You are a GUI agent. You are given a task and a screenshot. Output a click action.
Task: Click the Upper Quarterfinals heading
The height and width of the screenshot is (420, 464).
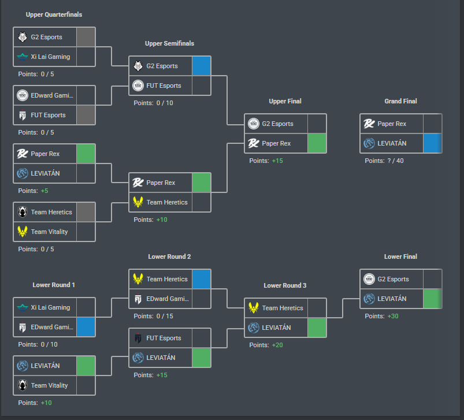coord(54,14)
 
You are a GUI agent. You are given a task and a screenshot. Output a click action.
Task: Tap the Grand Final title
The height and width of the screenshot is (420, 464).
coord(400,101)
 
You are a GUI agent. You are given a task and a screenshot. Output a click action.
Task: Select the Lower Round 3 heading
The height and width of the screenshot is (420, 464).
coord(285,285)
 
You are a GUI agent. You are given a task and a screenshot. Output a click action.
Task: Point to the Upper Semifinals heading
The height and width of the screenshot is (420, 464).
coord(169,43)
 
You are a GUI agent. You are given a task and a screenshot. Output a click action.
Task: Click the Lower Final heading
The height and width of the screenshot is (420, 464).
coord(400,257)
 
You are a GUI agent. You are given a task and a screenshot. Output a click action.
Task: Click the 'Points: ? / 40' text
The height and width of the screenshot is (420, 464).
coord(384,161)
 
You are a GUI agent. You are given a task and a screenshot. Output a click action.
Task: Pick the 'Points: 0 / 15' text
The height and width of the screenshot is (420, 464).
coord(153,316)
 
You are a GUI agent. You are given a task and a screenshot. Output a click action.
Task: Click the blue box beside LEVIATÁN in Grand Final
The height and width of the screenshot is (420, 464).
coord(432,143)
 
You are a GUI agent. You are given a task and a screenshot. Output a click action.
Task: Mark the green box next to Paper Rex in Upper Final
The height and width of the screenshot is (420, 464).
coord(317,143)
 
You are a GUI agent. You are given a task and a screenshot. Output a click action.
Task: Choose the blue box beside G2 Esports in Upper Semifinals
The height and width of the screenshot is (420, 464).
coord(202,66)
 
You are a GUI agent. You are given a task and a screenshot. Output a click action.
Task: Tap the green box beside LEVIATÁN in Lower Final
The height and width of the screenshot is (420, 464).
coord(432,299)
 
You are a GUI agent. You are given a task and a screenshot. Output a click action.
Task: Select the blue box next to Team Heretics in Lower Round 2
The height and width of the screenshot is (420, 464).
coord(202,279)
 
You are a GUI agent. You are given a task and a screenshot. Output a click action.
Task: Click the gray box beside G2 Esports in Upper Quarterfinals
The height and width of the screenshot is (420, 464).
coord(86,37)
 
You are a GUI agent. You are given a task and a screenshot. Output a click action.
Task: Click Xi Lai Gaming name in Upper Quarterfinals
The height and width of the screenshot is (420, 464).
coord(51,57)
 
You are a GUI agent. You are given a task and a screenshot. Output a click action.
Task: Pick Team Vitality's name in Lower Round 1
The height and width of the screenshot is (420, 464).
coord(50,385)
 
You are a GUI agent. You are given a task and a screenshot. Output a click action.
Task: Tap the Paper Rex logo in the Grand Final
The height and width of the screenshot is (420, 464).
coord(369,124)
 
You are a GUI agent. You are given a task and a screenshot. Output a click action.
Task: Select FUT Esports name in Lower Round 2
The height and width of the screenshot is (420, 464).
coord(164,338)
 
